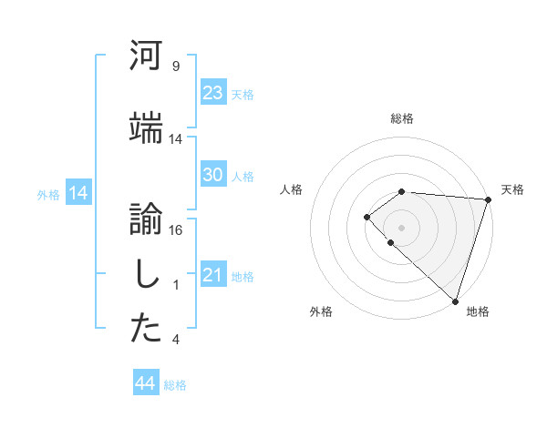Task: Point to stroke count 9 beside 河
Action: (x=175, y=67)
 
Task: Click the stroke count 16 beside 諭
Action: (x=176, y=229)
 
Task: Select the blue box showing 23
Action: (x=212, y=93)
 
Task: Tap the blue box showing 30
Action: (x=212, y=175)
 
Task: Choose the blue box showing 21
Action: (x=212, y=275)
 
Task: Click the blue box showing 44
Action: (x=145, y=384)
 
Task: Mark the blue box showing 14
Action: (x=77, y=193)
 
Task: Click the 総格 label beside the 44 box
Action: (x=175, y=385)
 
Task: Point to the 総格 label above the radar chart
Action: (x=402, y=118)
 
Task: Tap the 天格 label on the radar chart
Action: (x=512, y=189)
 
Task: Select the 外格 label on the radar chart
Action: (x=321, y=311)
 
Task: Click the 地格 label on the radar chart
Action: (x=478, y=311)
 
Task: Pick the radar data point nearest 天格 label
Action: (x=488, y=199)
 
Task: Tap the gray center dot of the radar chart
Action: (x=402, y=227)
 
